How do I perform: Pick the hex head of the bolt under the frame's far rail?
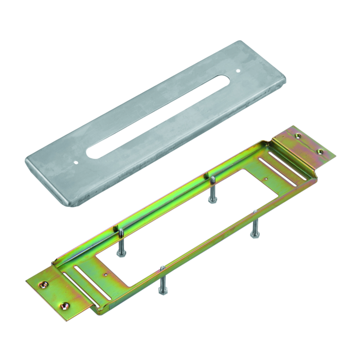coord(211,199)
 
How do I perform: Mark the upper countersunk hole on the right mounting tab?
coord(297,136)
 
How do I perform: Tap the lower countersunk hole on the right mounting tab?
coord(320,152)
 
